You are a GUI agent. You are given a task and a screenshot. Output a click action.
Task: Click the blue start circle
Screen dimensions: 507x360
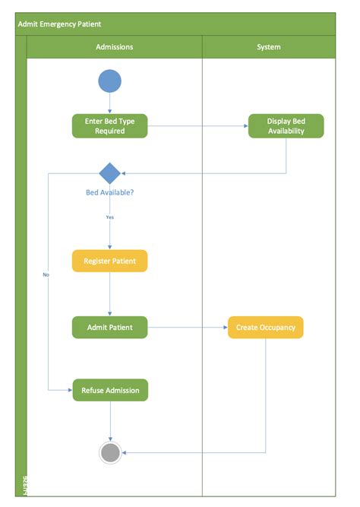click(x=109, y=80)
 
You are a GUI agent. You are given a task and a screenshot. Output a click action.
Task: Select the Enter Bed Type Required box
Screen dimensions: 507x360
click(x=109, y=126)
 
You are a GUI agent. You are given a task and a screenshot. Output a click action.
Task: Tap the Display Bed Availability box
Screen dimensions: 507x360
click(x=286, y=126)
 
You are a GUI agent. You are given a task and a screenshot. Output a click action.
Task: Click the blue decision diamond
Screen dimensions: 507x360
click(x=109, y=173)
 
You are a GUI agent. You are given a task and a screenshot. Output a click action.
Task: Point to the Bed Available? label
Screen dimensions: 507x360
click(x=109, y=192)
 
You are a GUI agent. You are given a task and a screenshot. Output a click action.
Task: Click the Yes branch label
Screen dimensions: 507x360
click(x=109, y=217)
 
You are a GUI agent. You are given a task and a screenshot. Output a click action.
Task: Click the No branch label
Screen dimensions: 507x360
click(x=46, y=274)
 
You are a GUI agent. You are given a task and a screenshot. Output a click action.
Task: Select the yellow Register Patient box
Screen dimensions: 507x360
click(x=109, y=261)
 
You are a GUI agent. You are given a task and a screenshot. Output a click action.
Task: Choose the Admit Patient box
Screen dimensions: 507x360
click(x=109, y=328)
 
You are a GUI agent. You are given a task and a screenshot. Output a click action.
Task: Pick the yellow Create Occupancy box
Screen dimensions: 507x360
click(x=266, y=328)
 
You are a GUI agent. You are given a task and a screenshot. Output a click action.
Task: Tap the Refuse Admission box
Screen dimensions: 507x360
click(x=110, y=391)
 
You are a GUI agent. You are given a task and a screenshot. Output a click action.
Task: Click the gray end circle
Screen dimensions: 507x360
click(x=110, y=453)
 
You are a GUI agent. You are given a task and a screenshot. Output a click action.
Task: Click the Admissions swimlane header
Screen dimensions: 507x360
click(x=114, y=47)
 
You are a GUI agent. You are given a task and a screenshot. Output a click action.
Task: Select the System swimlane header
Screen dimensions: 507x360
click(x=269, y=47)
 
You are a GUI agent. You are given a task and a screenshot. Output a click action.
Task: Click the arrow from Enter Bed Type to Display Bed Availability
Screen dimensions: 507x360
click(x=197, y=126)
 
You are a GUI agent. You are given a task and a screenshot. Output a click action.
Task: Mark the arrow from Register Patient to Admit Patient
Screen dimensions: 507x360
click(x=109, y=294)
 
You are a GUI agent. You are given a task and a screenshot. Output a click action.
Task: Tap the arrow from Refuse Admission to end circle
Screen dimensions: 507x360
click(x=110, y=421)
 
